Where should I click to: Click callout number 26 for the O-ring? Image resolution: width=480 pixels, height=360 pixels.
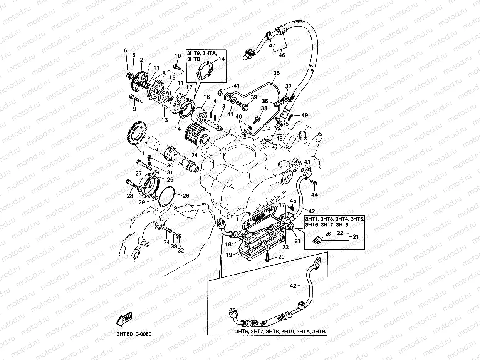coord(186,196)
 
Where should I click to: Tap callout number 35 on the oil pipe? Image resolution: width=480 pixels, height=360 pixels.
coord(276,73)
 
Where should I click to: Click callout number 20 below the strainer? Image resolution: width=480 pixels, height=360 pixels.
coord(281,257)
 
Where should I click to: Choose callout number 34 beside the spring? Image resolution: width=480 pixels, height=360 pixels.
coord(166,242)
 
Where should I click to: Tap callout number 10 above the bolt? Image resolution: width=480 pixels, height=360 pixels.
coord(178,56)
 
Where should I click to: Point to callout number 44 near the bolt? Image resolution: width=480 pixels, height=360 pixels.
coord(315,195)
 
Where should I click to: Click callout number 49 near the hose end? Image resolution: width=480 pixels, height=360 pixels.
coord(305,115)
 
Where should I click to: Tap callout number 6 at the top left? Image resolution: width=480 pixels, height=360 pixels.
coord(125,50)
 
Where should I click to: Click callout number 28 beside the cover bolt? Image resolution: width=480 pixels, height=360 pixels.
coord(130,196)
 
